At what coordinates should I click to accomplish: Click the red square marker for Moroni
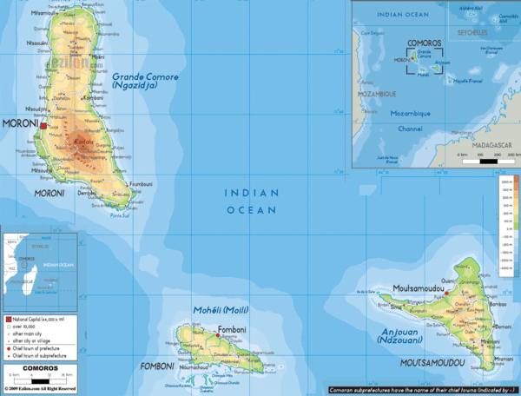[x=43, y=125]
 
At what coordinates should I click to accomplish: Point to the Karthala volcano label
[x=84, y=141]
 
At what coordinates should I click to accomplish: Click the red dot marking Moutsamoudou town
[x=445, y=294]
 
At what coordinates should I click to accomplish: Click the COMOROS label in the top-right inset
[x=424, y=43]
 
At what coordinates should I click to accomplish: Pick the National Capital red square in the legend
[x=8, y=320]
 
